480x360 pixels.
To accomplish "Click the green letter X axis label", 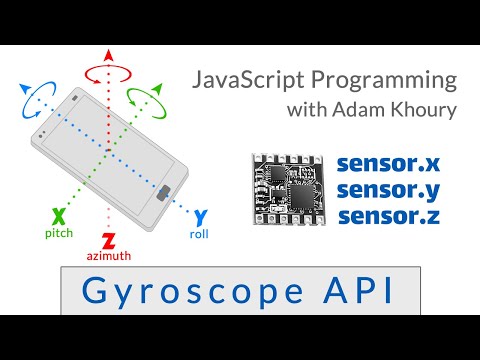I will click(x=59, y=215).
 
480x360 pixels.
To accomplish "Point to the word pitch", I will click(x=59, y=232).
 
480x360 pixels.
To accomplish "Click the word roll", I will click(x=199, y=234).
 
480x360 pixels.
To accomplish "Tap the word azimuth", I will click(x=108, y=256).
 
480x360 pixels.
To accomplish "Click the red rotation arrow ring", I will click(x=108, y=72).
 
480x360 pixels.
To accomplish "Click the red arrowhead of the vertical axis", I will click(x=108, y=53).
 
